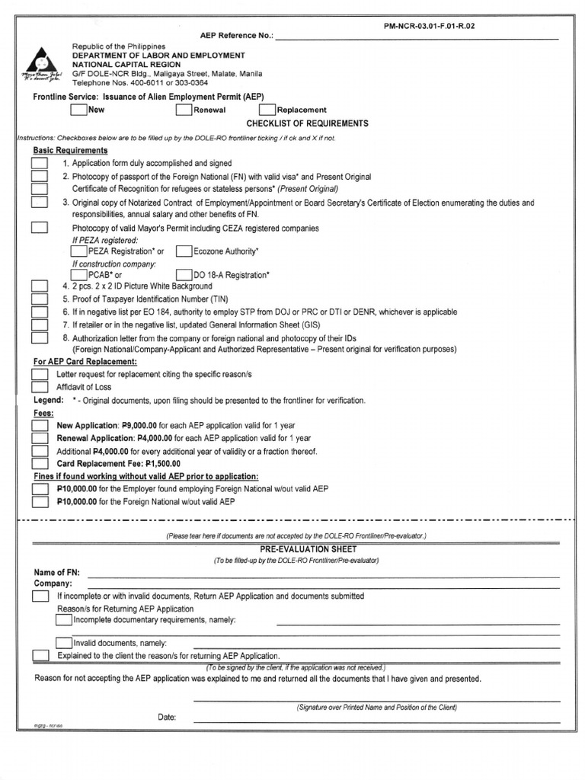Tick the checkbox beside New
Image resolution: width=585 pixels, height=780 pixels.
[x=78, y=110]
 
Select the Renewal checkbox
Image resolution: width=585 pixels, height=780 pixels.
[x=184, y=110]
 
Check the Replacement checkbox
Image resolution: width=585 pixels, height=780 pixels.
[x=267, y=110]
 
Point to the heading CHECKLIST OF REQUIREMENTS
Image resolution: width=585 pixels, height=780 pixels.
[x=307, y=123]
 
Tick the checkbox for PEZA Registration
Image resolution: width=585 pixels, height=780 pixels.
[x=78, y=251]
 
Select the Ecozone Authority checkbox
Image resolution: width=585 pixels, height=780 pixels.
[x=184, y=251]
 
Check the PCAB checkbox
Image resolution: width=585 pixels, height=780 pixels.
[x=78, y=274]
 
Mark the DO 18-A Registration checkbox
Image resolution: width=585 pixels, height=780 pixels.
[x=184, y=274]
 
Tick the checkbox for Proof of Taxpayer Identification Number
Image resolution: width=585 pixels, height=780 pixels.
[x=39, y=299]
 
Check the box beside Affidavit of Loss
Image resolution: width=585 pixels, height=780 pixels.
[x=39, y=387]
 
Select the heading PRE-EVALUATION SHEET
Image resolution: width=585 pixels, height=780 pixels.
[x=297, y=549]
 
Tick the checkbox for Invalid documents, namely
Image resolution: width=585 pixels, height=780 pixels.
[x=64, y=642]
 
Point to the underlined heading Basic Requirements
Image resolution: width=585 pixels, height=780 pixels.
[x=70, y=151]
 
